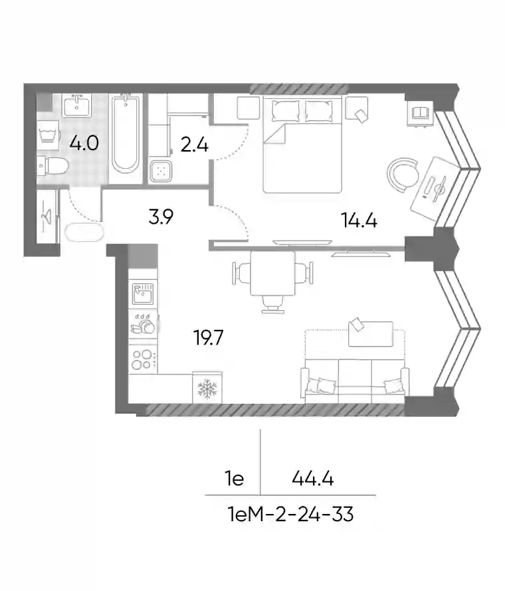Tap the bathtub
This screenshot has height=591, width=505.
pyautogui.click(x=126, y=133)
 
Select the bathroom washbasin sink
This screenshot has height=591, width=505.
pyautogui.click(x=77, y=106)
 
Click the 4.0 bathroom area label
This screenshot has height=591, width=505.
pyautogui.click(x=84, y=143)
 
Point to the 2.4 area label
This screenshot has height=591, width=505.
pyautogui.click(x=194, y=145)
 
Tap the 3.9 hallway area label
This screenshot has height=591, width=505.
pyautogui.click(x=161, y=217)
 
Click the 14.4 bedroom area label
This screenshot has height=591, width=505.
pyautogui.click(x=359, y=220)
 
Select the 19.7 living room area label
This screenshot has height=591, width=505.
pyautogui.click(x=208, y=337)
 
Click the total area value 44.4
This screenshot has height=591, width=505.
pyautogui.click(x=313, y=479)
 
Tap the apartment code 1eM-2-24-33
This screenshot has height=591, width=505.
pyautogui.click(x=291, y=514)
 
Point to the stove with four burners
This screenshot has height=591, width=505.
pyautogui.click(x=143, y=359)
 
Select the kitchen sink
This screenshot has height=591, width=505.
pyautogui.click(x=143, y=294)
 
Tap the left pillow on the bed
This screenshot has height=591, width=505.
pyautogui.click(x=286, y=110)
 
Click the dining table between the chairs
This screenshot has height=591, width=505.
pyautogui.click(x=272, y=274)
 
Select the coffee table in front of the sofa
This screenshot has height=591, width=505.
pyautogui.click(x=370, y=333)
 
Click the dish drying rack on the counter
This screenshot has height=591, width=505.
pyautogui.click(x=143, y=324)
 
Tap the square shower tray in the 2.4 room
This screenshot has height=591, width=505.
pyautogui.click(x=161, y=171)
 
